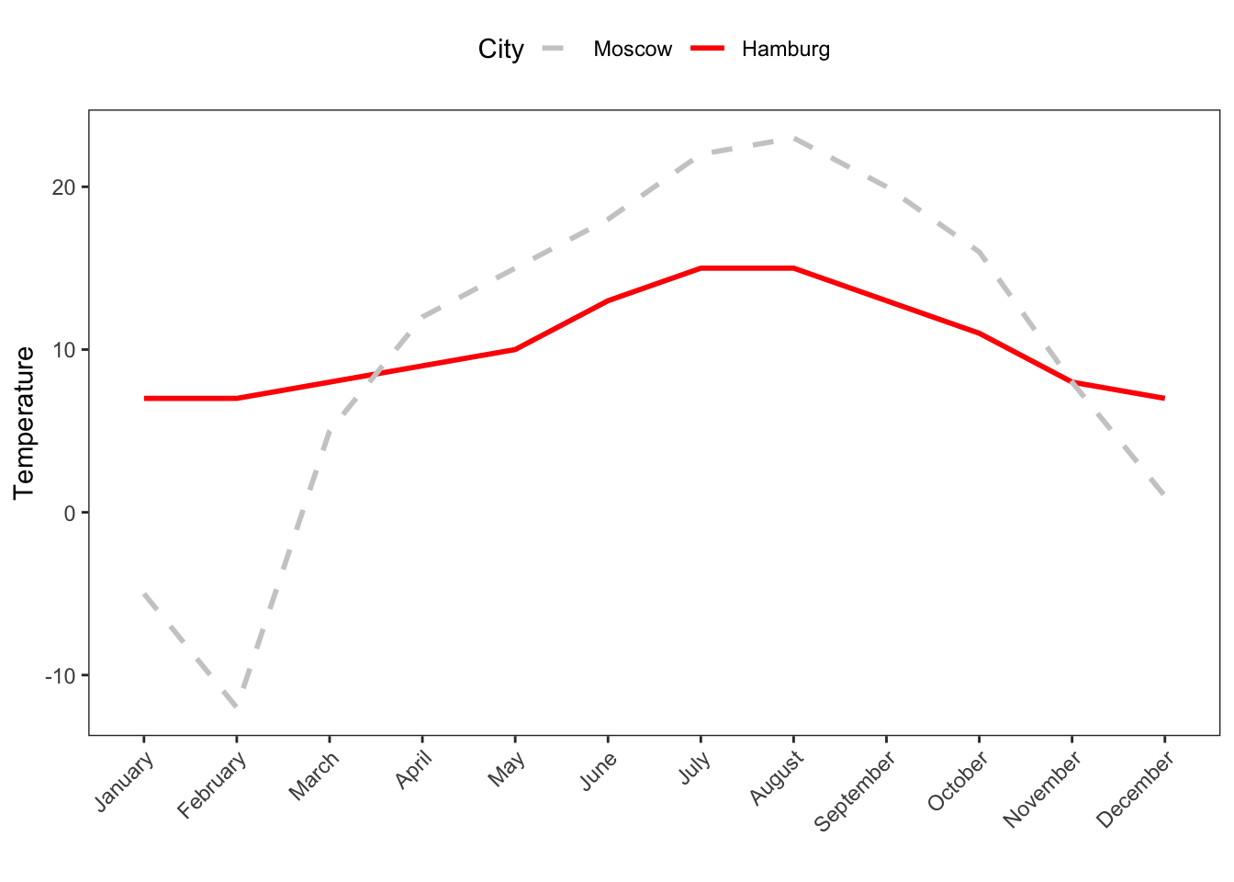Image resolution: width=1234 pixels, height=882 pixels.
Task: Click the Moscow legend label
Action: click(x=633, y=50)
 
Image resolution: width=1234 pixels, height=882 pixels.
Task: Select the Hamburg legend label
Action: click(x=786, y=50)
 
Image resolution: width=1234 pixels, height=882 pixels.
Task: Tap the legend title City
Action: click(x=500, y=50)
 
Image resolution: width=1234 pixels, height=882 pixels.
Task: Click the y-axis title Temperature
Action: click(x=25, y=423)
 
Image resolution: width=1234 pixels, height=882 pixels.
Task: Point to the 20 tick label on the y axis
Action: click(x=65, y=187)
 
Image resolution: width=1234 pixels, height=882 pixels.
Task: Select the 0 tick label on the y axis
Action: click(x=71, y=513)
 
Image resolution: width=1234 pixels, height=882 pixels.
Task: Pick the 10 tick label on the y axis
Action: click(x=65, y=350)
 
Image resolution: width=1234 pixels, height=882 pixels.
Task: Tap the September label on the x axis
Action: click(x=856, y=790)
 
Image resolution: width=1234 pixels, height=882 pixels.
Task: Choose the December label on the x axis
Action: click(x=1136, y=788)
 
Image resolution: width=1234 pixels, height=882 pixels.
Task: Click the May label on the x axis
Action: click(x=507, y=769)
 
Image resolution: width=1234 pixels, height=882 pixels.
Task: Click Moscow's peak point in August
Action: click(x=793, y=139)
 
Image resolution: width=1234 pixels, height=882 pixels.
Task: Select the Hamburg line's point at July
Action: click(x=701, y=268)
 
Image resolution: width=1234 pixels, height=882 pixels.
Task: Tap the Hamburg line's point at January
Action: click(x=144, y=399)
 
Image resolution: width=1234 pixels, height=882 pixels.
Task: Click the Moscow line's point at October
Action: click(x=979, y=252)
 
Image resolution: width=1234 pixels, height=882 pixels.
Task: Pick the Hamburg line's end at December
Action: click(x=1164, y=399)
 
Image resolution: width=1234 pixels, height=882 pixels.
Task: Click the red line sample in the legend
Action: click(x=708, y=50)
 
